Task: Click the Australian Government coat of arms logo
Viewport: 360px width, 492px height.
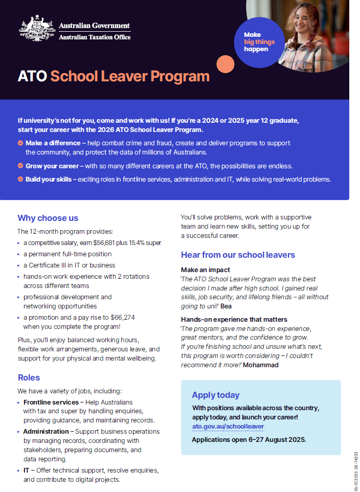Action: [37, 30]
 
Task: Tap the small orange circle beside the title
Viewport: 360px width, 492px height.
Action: [226, 64]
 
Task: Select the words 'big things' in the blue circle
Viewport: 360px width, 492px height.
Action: [259, 42]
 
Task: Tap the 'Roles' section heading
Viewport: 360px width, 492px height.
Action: [29, 377]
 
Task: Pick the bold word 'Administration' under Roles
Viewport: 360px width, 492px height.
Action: [46, 432]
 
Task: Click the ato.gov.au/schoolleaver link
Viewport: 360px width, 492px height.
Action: [228, 427]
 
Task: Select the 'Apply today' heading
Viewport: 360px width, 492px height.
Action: [215, 395]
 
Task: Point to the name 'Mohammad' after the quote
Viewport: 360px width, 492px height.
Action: [261, 365]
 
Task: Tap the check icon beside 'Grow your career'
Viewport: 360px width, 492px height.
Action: [20, 166]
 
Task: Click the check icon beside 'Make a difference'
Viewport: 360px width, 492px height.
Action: [20, 143]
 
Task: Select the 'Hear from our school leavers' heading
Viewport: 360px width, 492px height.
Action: [238, 255]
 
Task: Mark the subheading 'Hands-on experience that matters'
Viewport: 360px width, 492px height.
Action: [234, 320]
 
